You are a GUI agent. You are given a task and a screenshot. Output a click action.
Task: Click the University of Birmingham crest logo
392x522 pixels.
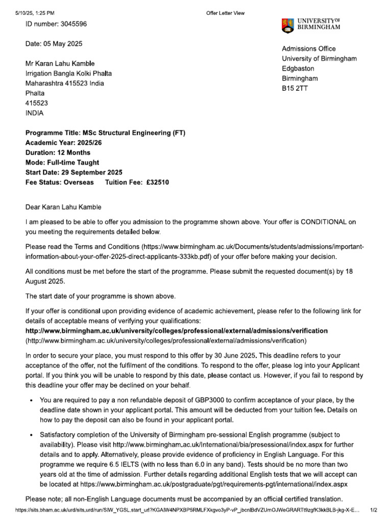(x=287, y=25)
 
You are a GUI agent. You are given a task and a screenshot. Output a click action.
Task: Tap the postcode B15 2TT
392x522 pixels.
(x=295, y=88)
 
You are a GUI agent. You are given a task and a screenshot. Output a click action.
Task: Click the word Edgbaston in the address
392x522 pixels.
(x=298, y=68)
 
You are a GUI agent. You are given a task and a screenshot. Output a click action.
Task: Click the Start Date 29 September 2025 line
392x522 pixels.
(x=74, y=172)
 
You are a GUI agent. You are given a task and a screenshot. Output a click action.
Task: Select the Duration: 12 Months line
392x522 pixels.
(x=58, y=152)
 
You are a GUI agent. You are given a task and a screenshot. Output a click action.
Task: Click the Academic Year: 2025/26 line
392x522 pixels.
(x=64, y=143)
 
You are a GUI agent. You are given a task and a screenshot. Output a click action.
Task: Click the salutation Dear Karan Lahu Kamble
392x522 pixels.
(x=63, y=207)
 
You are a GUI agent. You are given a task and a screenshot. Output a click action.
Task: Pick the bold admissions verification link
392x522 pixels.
(x=177, y=331)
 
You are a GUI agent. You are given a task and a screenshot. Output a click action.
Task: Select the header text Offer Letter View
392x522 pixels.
(x=225, y=13)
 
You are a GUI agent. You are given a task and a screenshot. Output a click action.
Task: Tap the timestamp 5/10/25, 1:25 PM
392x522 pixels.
(x=34, y=13)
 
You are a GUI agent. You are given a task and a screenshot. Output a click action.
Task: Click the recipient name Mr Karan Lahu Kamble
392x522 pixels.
(x=60, y=64)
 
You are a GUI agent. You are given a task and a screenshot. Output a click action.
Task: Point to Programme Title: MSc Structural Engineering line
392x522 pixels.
(x=106, y=133)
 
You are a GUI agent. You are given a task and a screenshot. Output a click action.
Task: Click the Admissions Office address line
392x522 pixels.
(x=309, y=49)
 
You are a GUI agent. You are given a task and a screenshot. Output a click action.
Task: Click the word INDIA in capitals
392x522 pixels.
(x=35, y=113)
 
